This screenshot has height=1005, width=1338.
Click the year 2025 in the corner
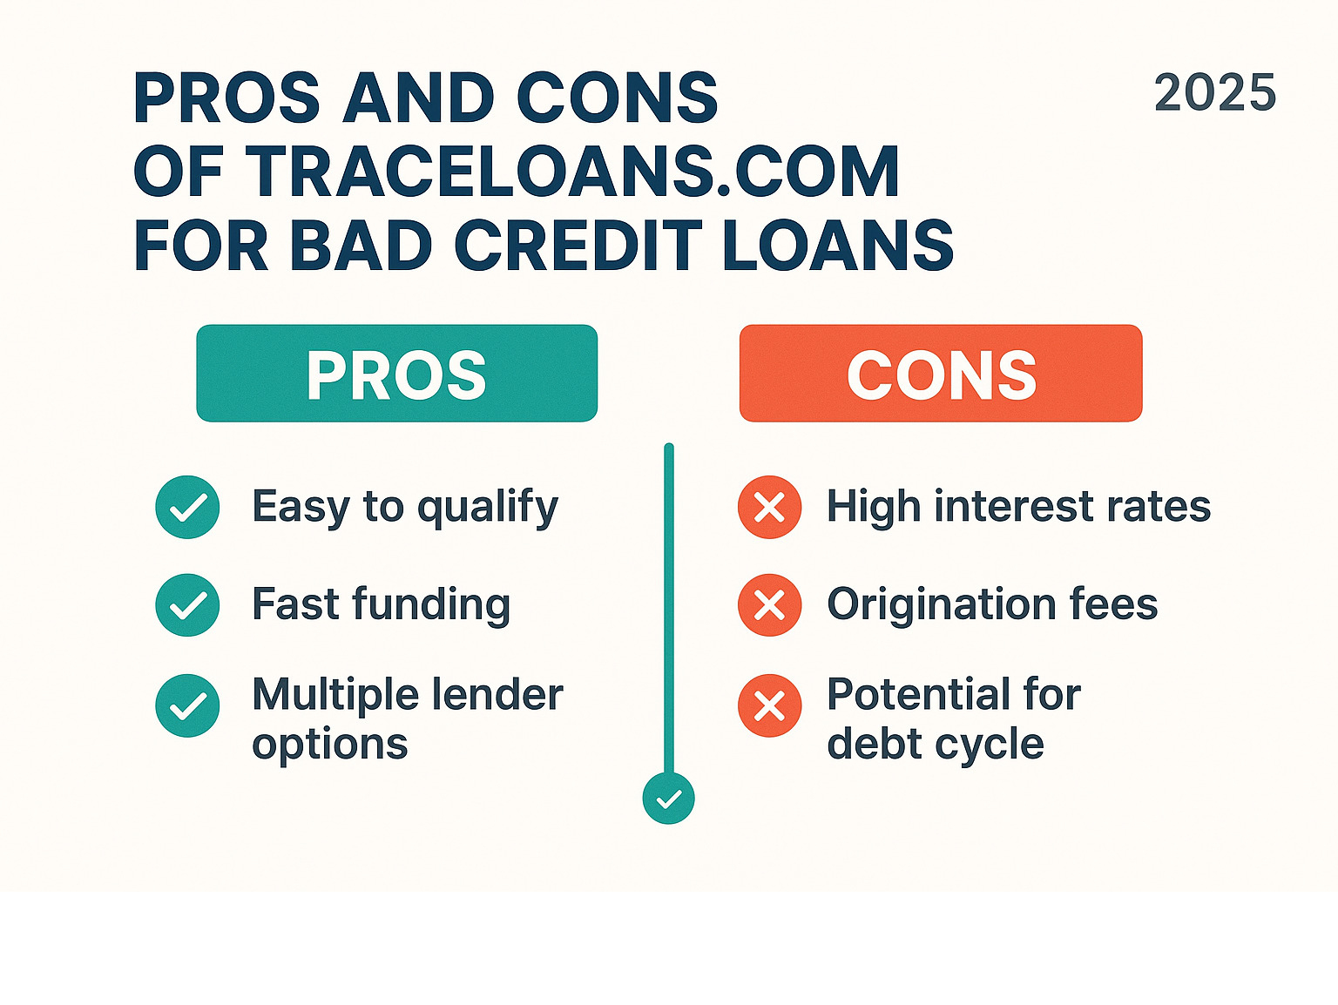[x=1215, y=92]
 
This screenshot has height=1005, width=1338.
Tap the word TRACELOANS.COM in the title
[x=573, y=172]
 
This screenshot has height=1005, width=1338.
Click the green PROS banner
[x=397, y=373]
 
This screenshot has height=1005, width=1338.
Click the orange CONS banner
[x=941, y=373]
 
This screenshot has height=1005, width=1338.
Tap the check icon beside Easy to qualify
[x=188, y=507]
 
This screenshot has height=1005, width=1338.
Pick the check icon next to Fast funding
[x=188, y=605]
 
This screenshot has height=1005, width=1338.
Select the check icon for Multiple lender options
[x=188, y=705]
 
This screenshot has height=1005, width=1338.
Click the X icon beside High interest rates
[x=769, y=507]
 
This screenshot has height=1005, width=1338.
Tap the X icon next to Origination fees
[x=769, y=605]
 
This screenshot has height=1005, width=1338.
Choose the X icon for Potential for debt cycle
[x=769, y=705]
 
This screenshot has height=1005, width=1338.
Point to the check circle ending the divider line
[x=669, y=799]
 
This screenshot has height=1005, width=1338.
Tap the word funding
[x=431, y=606]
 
